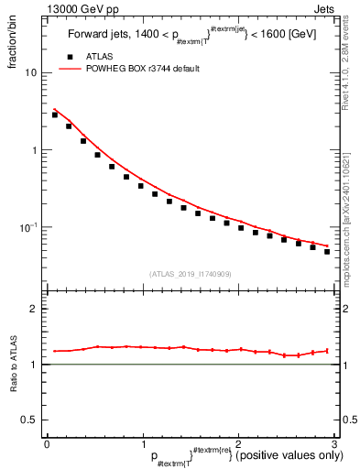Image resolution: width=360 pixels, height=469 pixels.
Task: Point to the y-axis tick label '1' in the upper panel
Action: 35,149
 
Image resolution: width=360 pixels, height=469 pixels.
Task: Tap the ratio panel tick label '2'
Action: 35,309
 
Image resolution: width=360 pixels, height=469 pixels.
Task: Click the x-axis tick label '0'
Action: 47,445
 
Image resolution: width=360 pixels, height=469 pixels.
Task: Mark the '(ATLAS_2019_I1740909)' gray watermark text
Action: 190,274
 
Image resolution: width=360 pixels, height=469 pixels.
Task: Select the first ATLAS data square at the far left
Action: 55,115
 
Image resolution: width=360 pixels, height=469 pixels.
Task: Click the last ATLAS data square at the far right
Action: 327,251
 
